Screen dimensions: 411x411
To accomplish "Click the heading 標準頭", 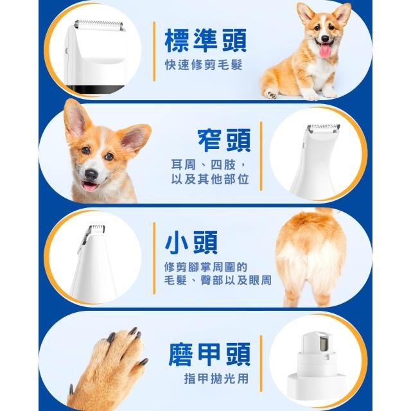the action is [x=205, y=40].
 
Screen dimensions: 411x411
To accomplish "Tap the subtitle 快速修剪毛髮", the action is [x=204, y=65].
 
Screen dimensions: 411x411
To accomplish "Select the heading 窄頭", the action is [x=224, y=140].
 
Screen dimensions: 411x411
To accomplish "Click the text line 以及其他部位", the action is [x=210, y=179].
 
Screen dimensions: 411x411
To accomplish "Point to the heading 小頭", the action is [x=191, y=243].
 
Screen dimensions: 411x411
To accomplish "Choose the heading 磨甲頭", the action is [x=210, y=354].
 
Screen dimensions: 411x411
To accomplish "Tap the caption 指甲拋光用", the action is [x=216, y=378].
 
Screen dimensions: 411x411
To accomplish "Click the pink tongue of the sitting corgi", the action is [x=325, y=50].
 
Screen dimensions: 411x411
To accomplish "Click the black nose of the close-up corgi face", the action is [x=91, y=174].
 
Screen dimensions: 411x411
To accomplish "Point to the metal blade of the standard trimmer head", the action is [x=99, y=26].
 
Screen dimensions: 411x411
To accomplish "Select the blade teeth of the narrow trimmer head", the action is [x=324, y=127].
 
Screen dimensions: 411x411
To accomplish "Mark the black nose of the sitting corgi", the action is [x=325, y=39].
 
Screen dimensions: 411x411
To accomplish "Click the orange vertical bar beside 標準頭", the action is [x=154, y=51].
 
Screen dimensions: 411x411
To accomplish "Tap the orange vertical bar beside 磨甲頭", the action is [x=261, y=363].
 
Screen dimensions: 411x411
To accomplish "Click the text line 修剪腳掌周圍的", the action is [x=205, y=267].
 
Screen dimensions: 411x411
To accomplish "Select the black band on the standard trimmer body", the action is [x=96, y=90].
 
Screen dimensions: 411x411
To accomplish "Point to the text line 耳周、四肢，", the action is [x=209, y=165].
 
